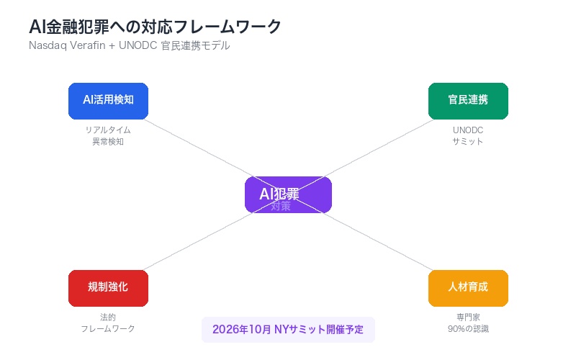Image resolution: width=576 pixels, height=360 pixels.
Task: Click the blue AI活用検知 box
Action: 108,101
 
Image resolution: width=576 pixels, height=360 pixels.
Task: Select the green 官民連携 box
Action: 468,101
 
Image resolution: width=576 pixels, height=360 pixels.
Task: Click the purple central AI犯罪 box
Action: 288,194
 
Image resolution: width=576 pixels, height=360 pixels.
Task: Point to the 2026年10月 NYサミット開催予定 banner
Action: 288,330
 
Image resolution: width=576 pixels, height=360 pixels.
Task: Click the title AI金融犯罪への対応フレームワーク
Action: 155,27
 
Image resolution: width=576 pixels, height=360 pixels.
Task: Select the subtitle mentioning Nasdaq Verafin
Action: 130,45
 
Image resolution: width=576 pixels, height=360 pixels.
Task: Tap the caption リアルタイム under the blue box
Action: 108,130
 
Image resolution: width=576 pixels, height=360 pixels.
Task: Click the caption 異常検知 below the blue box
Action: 108,142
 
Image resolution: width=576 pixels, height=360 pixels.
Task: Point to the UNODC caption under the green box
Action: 468,130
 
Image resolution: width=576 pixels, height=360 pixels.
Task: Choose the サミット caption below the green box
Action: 468,142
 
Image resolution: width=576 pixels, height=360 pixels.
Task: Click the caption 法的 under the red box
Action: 108,318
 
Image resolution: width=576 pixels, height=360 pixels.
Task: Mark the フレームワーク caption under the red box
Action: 108,329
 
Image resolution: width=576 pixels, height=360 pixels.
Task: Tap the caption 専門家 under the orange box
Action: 468,318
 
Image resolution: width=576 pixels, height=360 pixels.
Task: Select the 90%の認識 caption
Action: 468,329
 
